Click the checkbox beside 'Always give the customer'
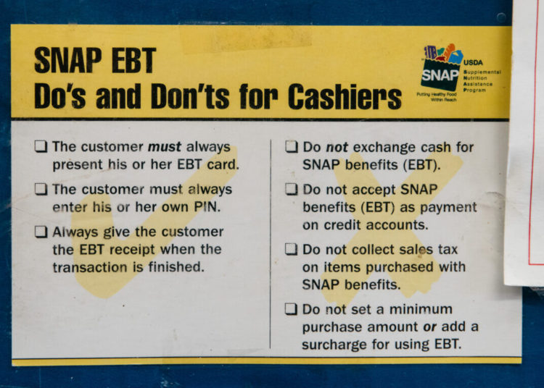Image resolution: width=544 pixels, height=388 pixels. tap(41, 232)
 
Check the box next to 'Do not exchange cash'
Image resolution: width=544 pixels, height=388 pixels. tap(291, 147)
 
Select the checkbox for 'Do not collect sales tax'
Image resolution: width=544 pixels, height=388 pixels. tap(291, 250)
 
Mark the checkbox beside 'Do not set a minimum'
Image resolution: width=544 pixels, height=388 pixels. tap(291, 310)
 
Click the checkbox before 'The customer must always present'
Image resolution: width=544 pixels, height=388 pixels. tap(41, 147)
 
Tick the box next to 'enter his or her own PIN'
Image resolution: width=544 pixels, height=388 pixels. tap(41, 190)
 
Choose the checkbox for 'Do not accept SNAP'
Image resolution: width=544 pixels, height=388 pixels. tap(291, 190)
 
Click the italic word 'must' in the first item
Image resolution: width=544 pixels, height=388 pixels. tap(164, 147)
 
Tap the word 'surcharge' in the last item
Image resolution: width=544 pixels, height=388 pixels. tap(336, 344)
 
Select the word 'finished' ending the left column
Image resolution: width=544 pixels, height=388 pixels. tap(177, 267)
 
